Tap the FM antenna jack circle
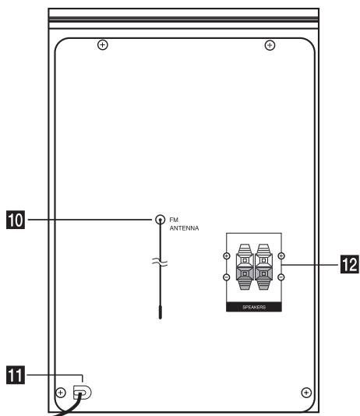[x=160, y=220]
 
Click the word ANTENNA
[x=185, y=229]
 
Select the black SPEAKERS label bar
[x=253, y=308]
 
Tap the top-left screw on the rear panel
[x=102, y=45]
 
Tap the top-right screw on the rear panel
[x=270, y=45]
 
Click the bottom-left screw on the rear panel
[x=61, y=392]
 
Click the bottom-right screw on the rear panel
[x=306, y=392]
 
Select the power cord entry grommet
[x=81, y=393]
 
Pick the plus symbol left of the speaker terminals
[x=226, y=257]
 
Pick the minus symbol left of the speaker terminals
[x=226, y=277]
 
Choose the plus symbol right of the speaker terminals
[x=281, y=257]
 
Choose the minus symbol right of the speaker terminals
[x=281, y=277]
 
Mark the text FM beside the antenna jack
[x=174, y=220]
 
